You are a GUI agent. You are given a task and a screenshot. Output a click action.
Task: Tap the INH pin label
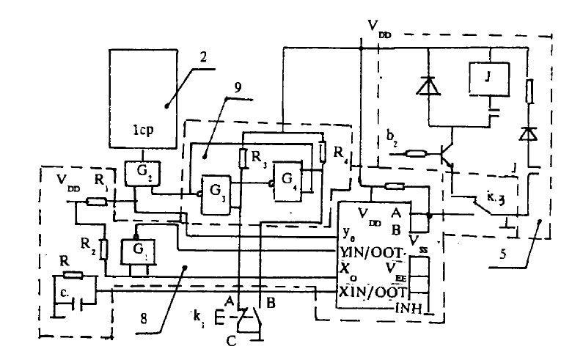click(x=409, y=308)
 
